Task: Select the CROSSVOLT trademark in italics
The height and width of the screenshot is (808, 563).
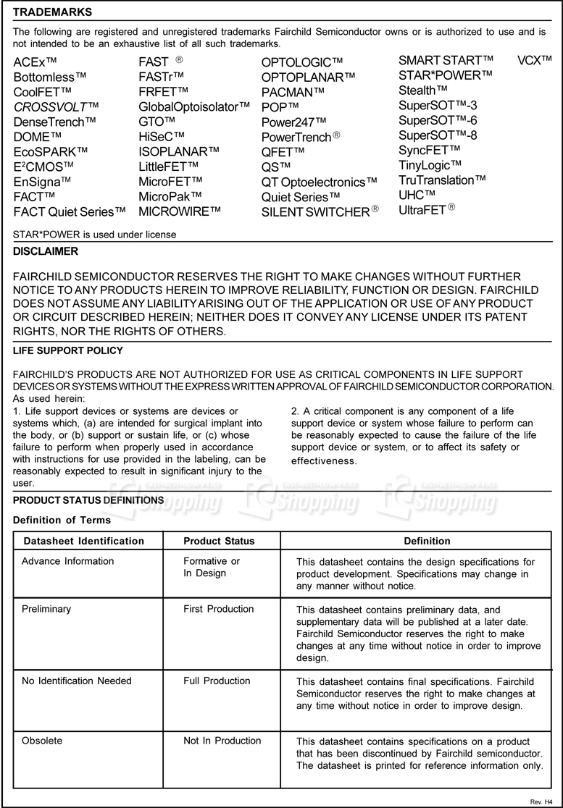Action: pyautogui.click(x=56, y=107)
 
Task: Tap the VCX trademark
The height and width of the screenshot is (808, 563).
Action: pyautogui.click(x=535, y=59)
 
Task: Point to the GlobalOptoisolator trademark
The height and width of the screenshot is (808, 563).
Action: pyautogui.click(x=199, y=107)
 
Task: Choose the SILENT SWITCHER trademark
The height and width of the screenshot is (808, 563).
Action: pyautogui.click(x=320, y=212)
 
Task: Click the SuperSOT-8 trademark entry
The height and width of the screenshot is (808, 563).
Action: pyautogui.click(x=438, y=135)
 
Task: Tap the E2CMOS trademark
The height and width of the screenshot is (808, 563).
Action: pyautogui.click(x=43, y=166)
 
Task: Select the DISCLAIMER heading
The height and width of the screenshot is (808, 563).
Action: pyautogui.click(x=46, y=252)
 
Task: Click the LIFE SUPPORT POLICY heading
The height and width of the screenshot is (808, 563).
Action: pyautogui.click(x=68, y=351)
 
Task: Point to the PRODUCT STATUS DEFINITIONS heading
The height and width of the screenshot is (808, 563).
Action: pyautogui.click(x=88, y=500)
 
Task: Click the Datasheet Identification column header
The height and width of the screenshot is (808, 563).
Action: pyautogui.click(x=84, y=541)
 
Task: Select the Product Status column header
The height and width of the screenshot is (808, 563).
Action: pyautogui.click(x=219, y=541)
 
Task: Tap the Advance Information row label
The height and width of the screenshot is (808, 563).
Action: pyautogui.click(x=67, y=561)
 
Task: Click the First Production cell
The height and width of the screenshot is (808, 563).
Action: pyautogui.click(x=219, y=609)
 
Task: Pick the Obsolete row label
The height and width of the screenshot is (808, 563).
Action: pyautogui.click(x=42, y=741)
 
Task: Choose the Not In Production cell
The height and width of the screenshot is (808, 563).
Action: pyautogui.click(x=222, y=741)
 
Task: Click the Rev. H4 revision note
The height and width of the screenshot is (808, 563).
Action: pyautogui.click(x=542, y=802)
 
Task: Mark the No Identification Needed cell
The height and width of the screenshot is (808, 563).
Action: pyautogui.click(x=76, y=681)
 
